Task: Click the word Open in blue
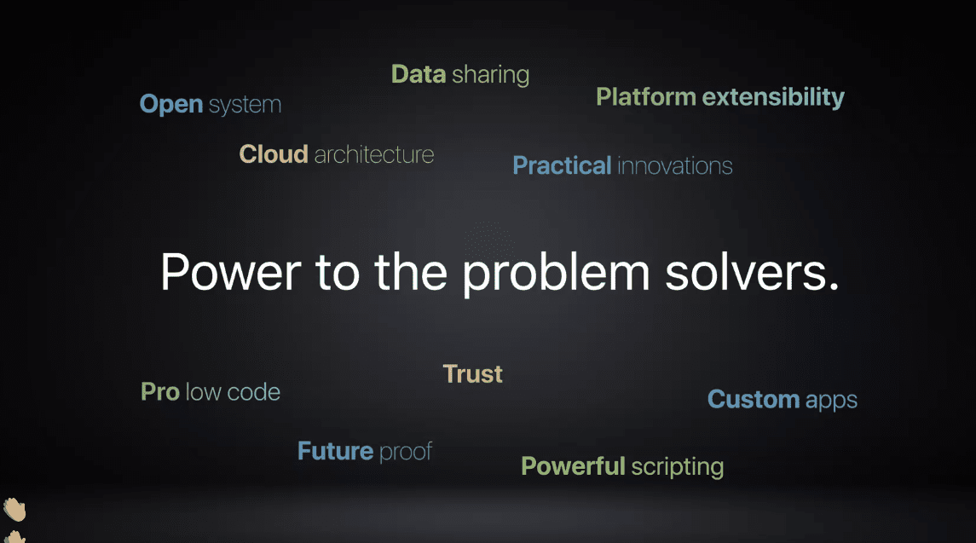click(x=171, y=105)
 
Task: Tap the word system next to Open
click(x=245, y=105)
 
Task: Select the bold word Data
click(x=419, y=74)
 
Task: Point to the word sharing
click(x=490, y=75)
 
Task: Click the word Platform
click(x=646, y=97)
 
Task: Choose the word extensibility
click(x=773, y=97)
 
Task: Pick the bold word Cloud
click(x=274, y=153)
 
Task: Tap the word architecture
click(x=374, y=154)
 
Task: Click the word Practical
click(x=562, y=165)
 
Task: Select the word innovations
click(x=675, y=166)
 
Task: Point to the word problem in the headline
click(x=557, y=274)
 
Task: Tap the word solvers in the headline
click(x=747, y=273)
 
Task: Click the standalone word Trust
click(x=472, y=374)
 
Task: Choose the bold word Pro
click(x=160, y=392)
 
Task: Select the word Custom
click(x=754, y=399)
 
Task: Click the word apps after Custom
click(x=831, y=401)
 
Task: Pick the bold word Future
click(x=335, y=451)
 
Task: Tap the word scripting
click(x=677, y=467)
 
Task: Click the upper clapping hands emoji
click(x=14, y=510)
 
